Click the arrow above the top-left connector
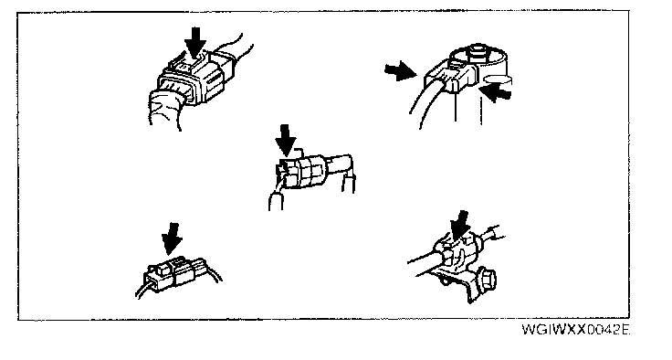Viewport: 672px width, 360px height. [195, 42]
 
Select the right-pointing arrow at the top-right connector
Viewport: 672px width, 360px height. [401, 70]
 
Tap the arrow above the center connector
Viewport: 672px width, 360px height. [287, 141]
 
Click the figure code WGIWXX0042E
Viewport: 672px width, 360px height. [575, 330]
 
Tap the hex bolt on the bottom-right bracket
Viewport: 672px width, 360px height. [487, 280]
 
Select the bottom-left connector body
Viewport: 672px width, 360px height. [176, 275]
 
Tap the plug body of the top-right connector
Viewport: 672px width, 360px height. [451, 76]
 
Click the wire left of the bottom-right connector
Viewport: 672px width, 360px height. [422, 258]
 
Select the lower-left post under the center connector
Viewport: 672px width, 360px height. [276, 201]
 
